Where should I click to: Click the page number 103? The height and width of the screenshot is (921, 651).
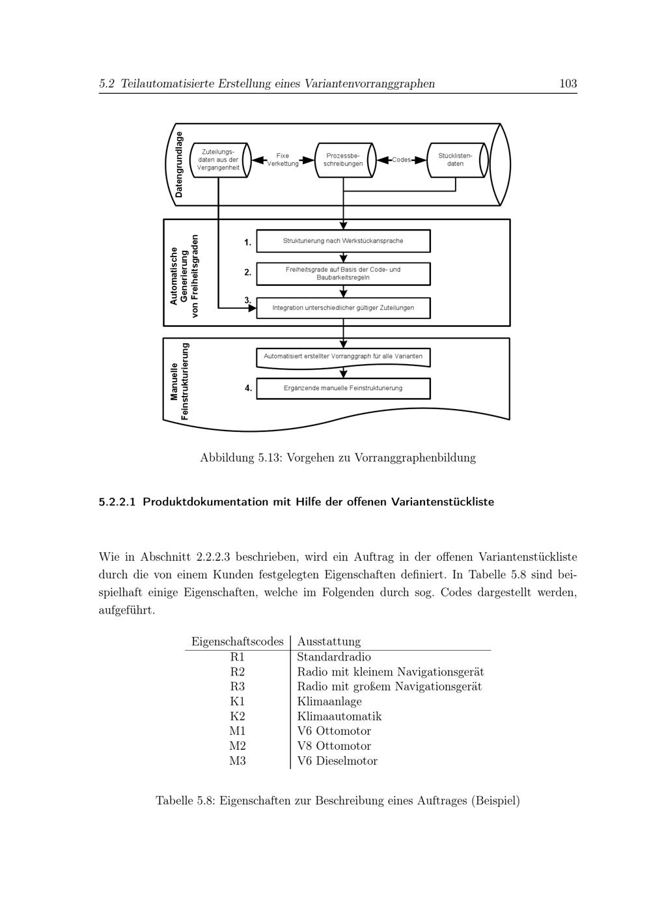click(x=568, y=83)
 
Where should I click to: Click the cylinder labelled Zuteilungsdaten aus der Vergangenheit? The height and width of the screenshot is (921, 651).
click(x=218, y=160)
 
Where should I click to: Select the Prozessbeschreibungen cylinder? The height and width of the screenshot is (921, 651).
click(x=343, y=160)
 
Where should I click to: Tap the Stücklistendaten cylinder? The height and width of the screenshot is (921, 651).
click(x=455, y=160)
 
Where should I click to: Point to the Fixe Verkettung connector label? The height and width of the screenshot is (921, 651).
click(x=283, y=160)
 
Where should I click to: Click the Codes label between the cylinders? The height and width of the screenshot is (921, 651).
click(x=401, y=160)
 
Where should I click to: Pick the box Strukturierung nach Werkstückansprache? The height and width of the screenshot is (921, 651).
click(x=343, y=241)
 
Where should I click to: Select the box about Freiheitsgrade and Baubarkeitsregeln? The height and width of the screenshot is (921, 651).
click(x=343, y=274)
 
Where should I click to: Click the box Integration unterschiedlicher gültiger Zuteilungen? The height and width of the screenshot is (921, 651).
click(x=343, y=307)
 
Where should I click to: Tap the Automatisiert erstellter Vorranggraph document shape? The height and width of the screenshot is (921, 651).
click(x=343, y=357)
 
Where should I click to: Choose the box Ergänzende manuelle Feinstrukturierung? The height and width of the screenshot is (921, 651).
click(x=343, y=388)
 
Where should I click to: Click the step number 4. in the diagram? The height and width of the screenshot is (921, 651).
click(x=248, y=388)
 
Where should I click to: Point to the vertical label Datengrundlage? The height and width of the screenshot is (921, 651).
click(x=180, y=164)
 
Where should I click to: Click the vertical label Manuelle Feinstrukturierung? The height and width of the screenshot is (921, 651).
click(x=180, y=381)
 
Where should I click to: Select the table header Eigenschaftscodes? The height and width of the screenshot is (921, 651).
click(x=237, y=642)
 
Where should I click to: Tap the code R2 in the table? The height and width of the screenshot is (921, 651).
click(x=238, y=672)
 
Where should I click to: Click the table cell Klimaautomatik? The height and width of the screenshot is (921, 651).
click(x=339, y=716)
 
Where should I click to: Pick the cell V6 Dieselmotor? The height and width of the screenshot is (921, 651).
click(x=337, y=761)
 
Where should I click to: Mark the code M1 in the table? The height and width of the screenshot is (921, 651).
click(x=238, y=731)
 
